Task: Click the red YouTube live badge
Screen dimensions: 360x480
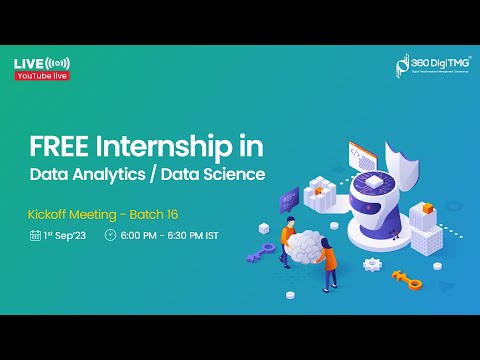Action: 39,77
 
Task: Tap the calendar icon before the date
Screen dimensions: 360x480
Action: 35,236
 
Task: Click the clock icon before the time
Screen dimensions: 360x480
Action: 110,236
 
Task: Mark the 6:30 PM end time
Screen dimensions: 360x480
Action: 191,236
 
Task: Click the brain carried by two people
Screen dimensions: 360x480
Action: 308,246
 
